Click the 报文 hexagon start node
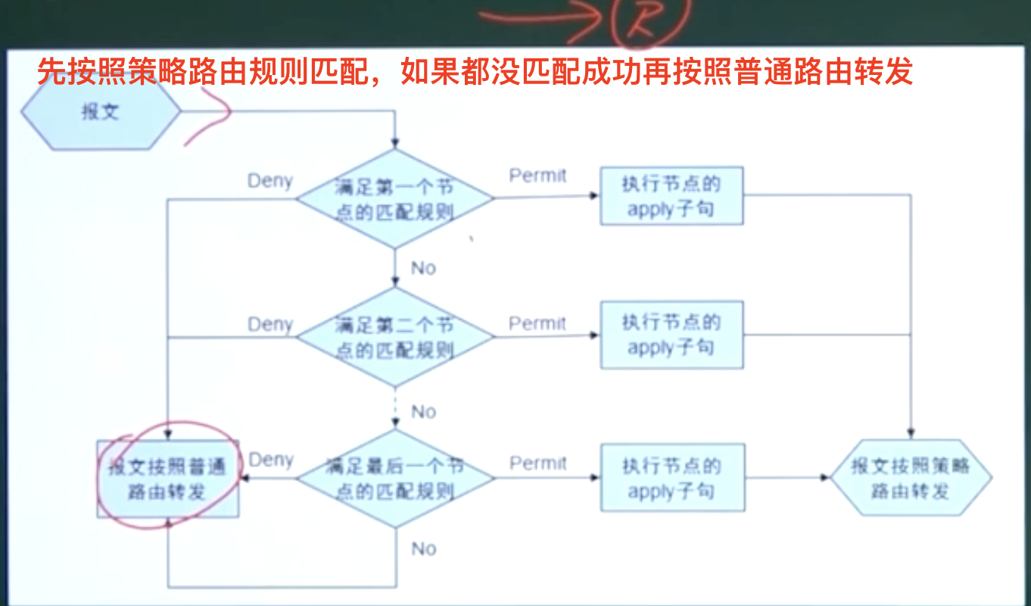(x=100, y=112)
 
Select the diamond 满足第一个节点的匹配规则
(x=394, y=198)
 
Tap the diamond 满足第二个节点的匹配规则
(x=394, y=337)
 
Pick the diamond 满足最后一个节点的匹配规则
(x=394, y=478)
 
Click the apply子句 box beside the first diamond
(x=671, y=196)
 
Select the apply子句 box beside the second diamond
(x=671, y=335)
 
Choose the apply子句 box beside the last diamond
(x=671, y=478)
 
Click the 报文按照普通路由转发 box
(x=167, y=479)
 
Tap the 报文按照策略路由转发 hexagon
(x=911, y=478)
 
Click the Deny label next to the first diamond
(x=270, y=182)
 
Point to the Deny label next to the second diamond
(x=270, y=324)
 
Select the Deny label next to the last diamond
(x=271, y=460)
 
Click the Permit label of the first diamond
(x=537, y=176)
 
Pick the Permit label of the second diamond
(x=537, y=323)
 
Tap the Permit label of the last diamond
(x=538, y=463)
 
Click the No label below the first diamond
(x=424, y=268)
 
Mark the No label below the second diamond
(x=424, y=411)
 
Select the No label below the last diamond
(x=424, y=548)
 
